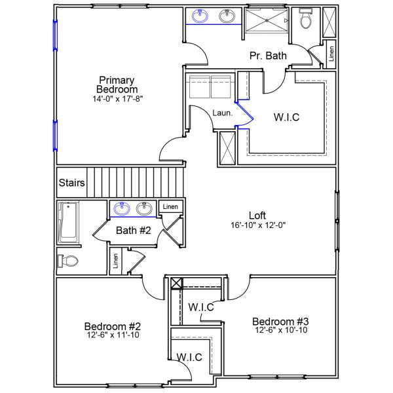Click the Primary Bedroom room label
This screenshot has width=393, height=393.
tap(117, 84)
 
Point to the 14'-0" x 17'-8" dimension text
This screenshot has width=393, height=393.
tap(117, 99)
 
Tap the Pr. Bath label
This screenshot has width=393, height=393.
tap(268, 56)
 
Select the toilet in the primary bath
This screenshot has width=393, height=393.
tap(305, 21)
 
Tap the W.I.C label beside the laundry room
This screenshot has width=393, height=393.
tap(287, 118)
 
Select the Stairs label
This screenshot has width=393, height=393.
tap(71, 183)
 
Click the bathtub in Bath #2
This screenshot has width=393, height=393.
tap(67, 222)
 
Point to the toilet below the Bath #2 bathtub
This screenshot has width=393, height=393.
tap(68, 261)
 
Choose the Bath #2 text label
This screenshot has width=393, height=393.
tap(134, 231)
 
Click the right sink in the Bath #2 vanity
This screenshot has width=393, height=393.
tap(145, 208)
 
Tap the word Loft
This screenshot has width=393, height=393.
tap(257, 215)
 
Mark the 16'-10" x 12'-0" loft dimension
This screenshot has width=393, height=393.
tap(257, 225)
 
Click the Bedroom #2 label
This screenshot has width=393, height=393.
tap(113, 326)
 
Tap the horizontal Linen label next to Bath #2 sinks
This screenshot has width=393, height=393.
tap(170, 206)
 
